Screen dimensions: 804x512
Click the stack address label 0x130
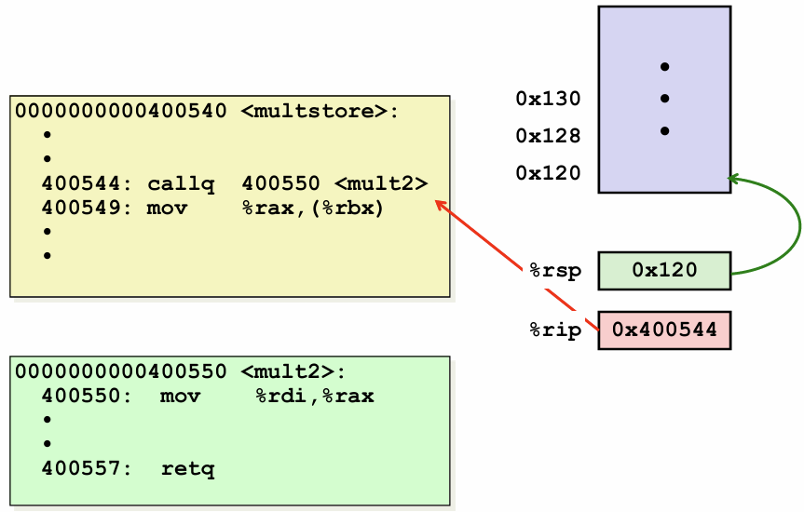[548, 99]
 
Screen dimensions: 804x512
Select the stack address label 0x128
[548, 136]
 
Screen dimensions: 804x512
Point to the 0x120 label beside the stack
[548, 173]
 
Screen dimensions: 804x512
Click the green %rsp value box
[664, 271]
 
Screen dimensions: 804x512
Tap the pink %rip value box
[664, 330]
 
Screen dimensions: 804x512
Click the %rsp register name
[555, 271]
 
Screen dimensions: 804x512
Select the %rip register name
[555, 330]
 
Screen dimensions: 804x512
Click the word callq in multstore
[181, 184]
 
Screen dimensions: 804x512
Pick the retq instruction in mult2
[187, 468]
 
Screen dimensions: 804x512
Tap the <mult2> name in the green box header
[293, 371]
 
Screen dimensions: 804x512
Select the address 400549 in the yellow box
[81, 209]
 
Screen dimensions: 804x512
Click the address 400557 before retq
[81, 468]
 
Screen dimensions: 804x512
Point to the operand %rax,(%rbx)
[313, 209]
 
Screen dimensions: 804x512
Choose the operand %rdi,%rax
[315, 397]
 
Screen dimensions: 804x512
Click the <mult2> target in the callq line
[381, 184]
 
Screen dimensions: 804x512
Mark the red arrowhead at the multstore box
[439, 204]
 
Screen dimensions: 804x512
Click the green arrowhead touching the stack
[732, 179]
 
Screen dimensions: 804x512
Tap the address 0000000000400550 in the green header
[121, 371]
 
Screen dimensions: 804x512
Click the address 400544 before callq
[81, 184]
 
